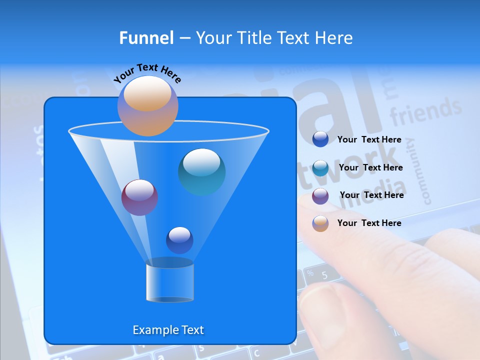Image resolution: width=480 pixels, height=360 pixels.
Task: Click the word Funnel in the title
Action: point(146,38)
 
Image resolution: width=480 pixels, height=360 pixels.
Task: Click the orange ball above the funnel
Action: point(148,105)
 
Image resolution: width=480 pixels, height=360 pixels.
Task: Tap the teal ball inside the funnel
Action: point(202,172)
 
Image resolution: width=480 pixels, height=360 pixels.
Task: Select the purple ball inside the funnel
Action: point(139,197)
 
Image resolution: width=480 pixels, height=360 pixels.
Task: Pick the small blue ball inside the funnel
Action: point(179,240)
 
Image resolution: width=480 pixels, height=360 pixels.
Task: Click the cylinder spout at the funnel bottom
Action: point(170,283)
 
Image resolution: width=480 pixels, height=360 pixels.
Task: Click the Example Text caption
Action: point(168,330)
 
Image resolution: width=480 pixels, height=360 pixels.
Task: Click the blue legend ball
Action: point(320,139)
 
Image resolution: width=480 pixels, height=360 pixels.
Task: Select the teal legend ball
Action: point(320,168)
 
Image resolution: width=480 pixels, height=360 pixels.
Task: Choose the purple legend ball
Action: point(320,196)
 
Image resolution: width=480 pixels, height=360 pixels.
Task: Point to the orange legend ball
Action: point(320,223)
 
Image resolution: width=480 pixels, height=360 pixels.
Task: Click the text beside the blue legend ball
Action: point(369,139)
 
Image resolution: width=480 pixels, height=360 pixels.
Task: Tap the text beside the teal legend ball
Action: point(370,167)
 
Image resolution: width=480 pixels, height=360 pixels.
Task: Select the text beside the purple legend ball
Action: point(371,195)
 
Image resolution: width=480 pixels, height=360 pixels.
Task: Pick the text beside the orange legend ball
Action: point(369,223)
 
